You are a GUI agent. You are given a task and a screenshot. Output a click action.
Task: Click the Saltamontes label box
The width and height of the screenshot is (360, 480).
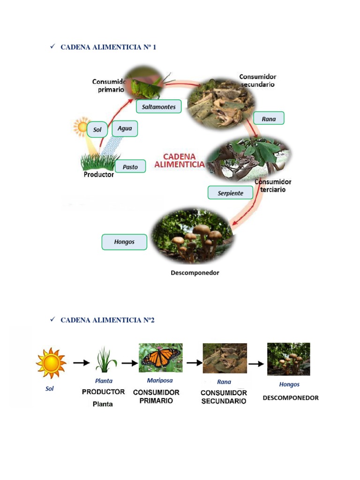click(x=159, y=107)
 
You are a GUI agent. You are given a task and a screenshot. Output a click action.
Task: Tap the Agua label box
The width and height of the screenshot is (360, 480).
click(x=125, y=128)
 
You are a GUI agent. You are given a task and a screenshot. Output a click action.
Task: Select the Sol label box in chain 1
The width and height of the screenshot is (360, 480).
click(x=97, y=130)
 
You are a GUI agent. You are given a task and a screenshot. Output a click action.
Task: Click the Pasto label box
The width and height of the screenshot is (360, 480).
click(x=130, y=167)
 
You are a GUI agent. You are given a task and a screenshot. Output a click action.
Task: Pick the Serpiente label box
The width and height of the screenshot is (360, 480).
click(x=230, y=193)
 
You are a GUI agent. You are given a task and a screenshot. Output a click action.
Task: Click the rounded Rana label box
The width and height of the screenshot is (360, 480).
click(x=269, y=119)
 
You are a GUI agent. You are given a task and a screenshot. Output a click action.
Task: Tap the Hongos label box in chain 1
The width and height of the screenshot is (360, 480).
click(x=124, y=242)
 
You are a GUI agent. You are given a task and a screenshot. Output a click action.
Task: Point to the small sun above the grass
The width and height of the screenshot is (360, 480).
click(x=82, y=126)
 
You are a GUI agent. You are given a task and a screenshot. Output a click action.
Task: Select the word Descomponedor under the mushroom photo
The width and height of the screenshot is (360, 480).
click(x=195, y=272)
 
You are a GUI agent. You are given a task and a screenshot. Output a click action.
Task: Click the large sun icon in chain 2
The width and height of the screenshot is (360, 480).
click(x=51, y=362)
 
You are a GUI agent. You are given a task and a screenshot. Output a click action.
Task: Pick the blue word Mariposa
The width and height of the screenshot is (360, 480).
click(x=160, y=380)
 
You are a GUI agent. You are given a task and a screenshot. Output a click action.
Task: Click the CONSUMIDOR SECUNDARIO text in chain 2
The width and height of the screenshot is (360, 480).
click(x=224, y=397)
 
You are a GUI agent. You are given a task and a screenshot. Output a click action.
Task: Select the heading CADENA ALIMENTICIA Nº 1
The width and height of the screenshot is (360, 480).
click(x=108, y=47)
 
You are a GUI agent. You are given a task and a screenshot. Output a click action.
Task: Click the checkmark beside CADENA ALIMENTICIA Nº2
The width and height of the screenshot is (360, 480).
click(x=52, y=319)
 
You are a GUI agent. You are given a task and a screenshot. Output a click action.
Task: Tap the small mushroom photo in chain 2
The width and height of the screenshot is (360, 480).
click(x=288, y=359)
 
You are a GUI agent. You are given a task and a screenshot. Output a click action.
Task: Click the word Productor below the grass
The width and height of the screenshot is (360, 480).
click(x=98, y=174)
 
